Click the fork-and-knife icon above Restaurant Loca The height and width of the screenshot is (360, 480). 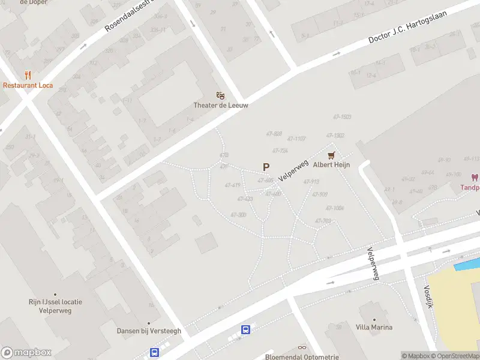point(28,75)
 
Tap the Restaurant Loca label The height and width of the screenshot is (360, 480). point(28,85)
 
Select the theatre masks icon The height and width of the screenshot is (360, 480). point(221,95)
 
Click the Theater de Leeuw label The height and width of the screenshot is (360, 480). point(221,105)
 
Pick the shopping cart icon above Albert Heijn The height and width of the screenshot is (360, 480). point(331,155)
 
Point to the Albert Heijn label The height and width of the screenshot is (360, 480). point(331,164)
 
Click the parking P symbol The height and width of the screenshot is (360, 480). point(266,167)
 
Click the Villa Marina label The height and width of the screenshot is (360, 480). point(374,327)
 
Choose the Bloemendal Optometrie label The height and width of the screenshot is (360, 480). point(302,356)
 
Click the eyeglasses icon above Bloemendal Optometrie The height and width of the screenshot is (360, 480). point(302,347)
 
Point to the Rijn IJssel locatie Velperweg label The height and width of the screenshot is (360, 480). point(55,306)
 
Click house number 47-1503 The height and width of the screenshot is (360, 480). point(342,117)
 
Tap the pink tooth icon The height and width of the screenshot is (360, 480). point(474,178)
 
